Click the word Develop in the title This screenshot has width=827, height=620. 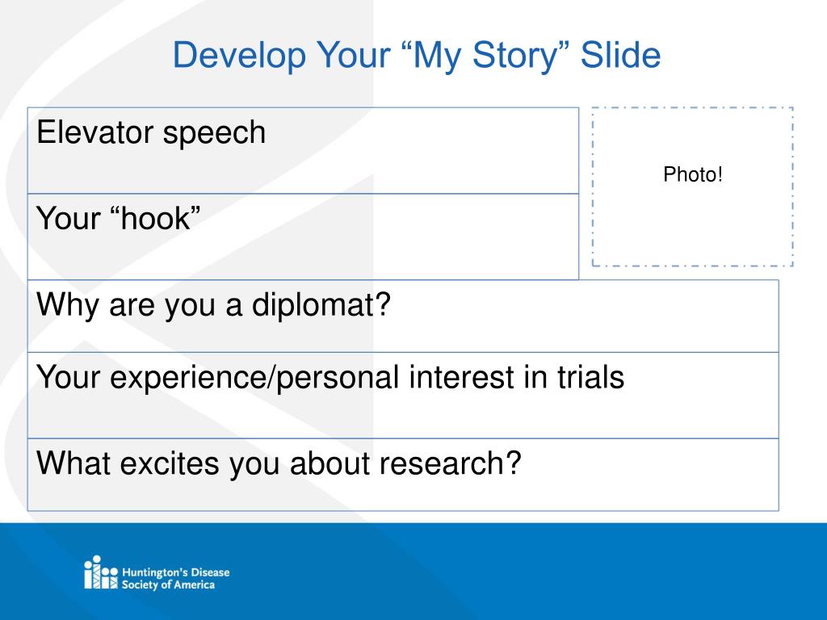(x=239, y=56)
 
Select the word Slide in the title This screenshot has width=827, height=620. (x=620, y=54)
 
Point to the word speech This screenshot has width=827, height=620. (x=214, y=134)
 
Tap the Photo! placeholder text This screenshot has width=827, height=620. (x=692, y=174)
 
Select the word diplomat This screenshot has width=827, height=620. (x=321, y=305)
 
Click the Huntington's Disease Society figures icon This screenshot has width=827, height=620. (x=101, y=572)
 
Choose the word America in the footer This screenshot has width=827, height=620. (x=194, y=584)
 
